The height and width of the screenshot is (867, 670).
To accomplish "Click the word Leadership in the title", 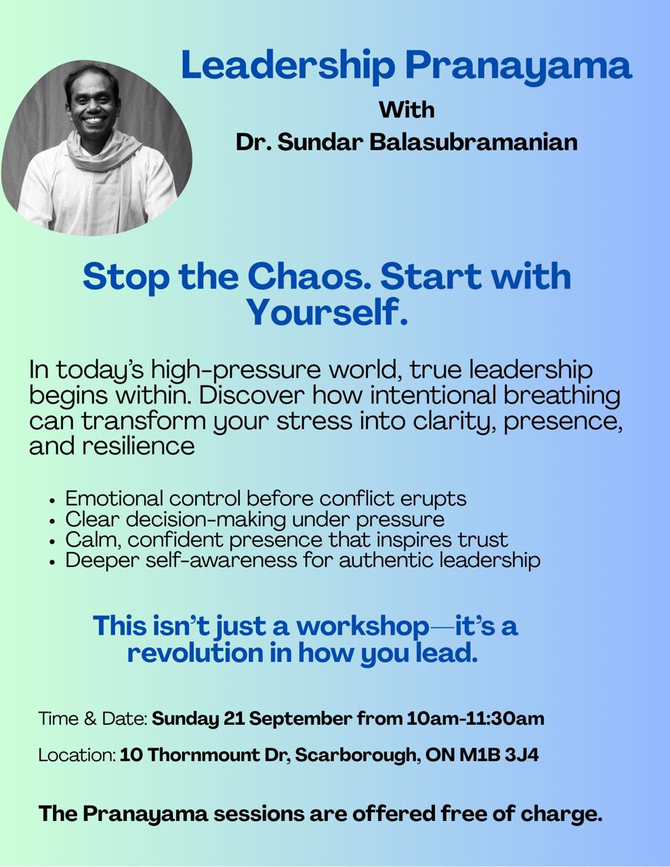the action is [x=288, y=64].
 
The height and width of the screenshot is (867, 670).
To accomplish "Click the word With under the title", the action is [x=406, y=110].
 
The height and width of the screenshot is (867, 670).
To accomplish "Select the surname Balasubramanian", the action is [x=474, y=142].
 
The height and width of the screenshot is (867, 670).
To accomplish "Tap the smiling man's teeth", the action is [x=93, y=120].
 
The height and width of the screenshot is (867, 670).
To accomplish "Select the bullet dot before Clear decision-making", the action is [x=52, y=521].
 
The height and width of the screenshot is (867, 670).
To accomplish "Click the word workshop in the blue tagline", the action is [x=362, y=626].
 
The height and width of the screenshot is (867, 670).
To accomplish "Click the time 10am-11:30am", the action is [x=476, y=719].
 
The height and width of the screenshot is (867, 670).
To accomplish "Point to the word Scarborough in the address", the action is [x=357, y=755].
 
